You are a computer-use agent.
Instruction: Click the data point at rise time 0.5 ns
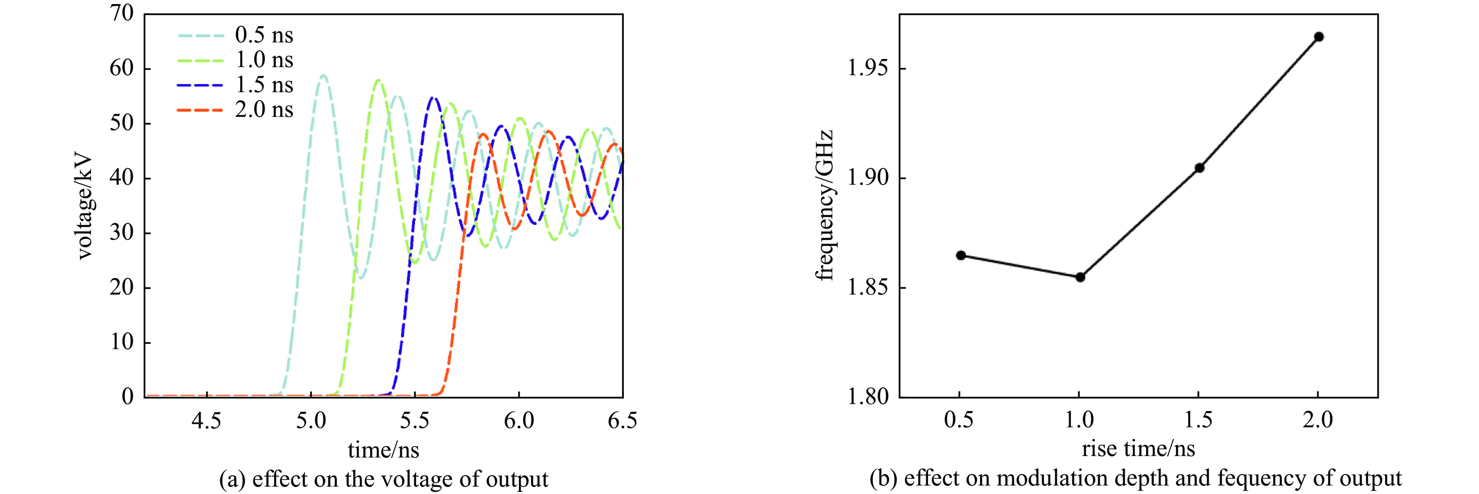coord(960,255)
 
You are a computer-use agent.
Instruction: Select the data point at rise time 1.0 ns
coord(1080,277)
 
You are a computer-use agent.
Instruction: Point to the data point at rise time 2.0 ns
coord(1319,37)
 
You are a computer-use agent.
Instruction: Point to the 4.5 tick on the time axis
coord(206,421)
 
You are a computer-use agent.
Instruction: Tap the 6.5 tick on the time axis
coord(622,421)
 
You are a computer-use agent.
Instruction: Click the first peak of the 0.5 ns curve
coord(323,75)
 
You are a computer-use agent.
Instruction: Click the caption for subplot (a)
coord(383,479)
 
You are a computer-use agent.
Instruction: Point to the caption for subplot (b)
coord(1136,478)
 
